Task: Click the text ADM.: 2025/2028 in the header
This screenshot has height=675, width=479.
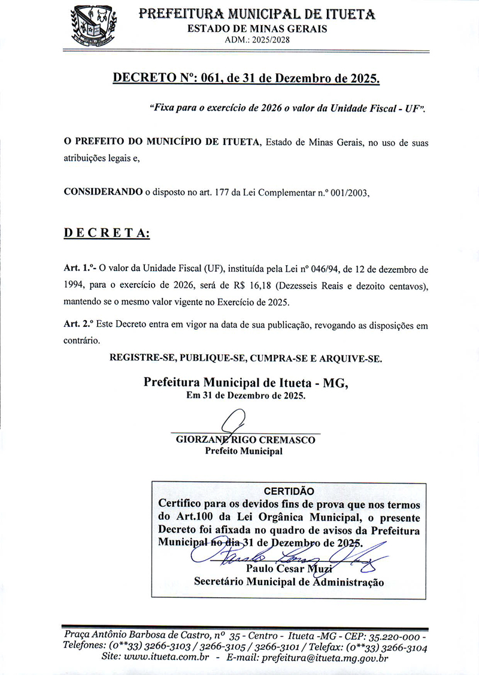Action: [x=257, y=39]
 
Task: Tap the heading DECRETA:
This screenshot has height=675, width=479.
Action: [x=107, y=233]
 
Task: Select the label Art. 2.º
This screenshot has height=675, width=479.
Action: [x=80, y=326]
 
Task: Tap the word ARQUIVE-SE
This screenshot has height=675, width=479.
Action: [x=349, y=359]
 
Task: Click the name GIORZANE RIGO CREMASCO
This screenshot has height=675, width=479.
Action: [x=245, y=440]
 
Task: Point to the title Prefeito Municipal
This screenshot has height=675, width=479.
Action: [x=244, y=452]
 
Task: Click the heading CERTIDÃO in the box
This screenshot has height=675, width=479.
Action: [x=289, y=491]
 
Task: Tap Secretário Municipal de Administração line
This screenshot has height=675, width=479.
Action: [x=289, y=581]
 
